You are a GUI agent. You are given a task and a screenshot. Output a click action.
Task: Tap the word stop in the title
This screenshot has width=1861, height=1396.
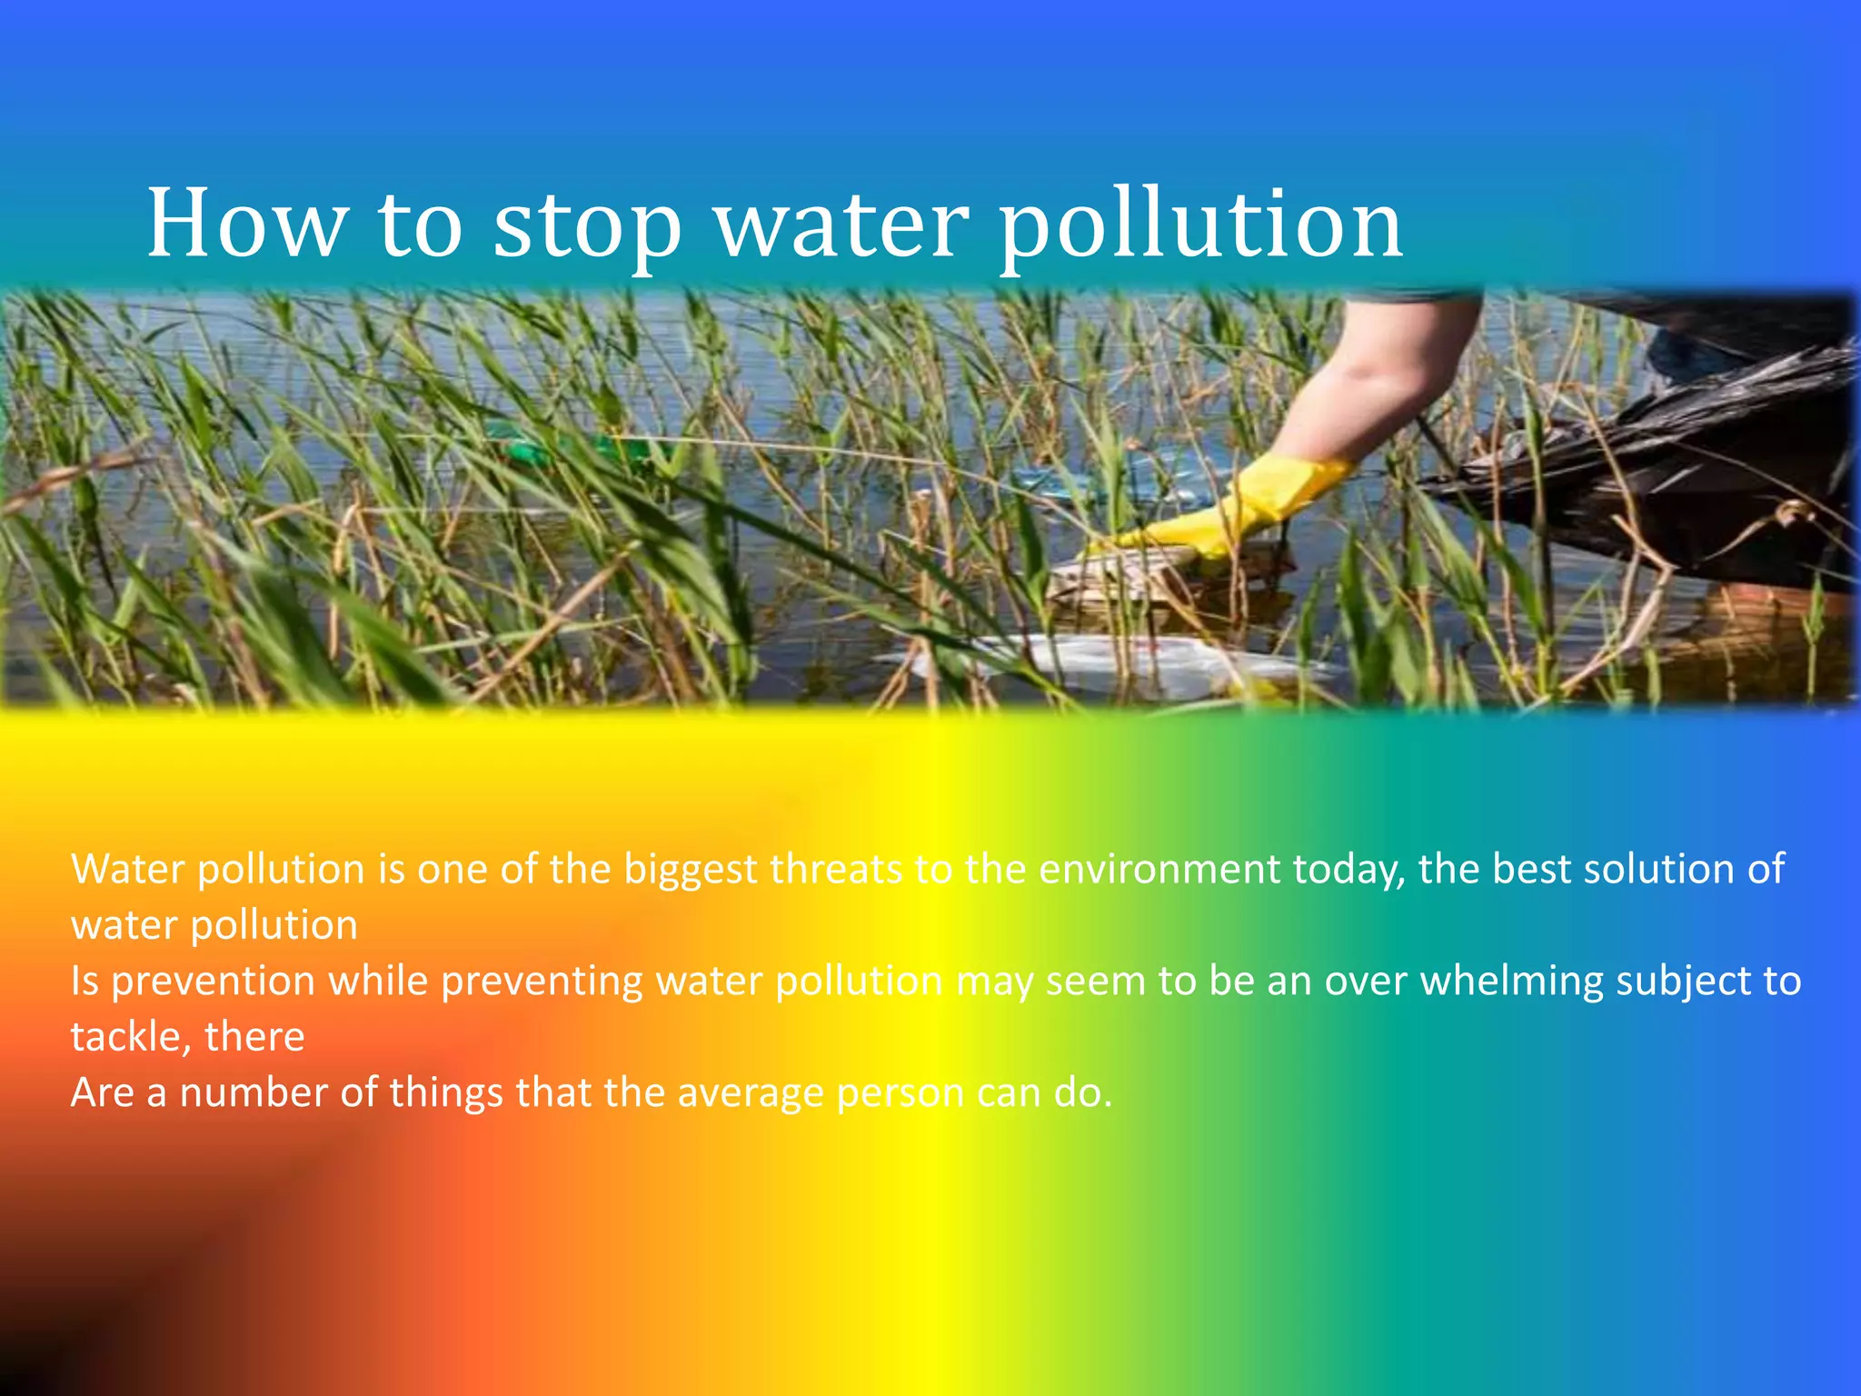click(x=587, y=227)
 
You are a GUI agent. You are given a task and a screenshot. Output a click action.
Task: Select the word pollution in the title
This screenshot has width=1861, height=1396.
click(x=1200, y=227)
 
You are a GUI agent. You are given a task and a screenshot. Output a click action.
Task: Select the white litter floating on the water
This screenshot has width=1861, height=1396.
click(x=1090, y=659)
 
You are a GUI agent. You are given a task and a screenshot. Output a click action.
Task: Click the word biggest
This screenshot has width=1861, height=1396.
click(x=691, y=871)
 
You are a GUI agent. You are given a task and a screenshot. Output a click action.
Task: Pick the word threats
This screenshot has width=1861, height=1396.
click(x=836, y=869)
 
